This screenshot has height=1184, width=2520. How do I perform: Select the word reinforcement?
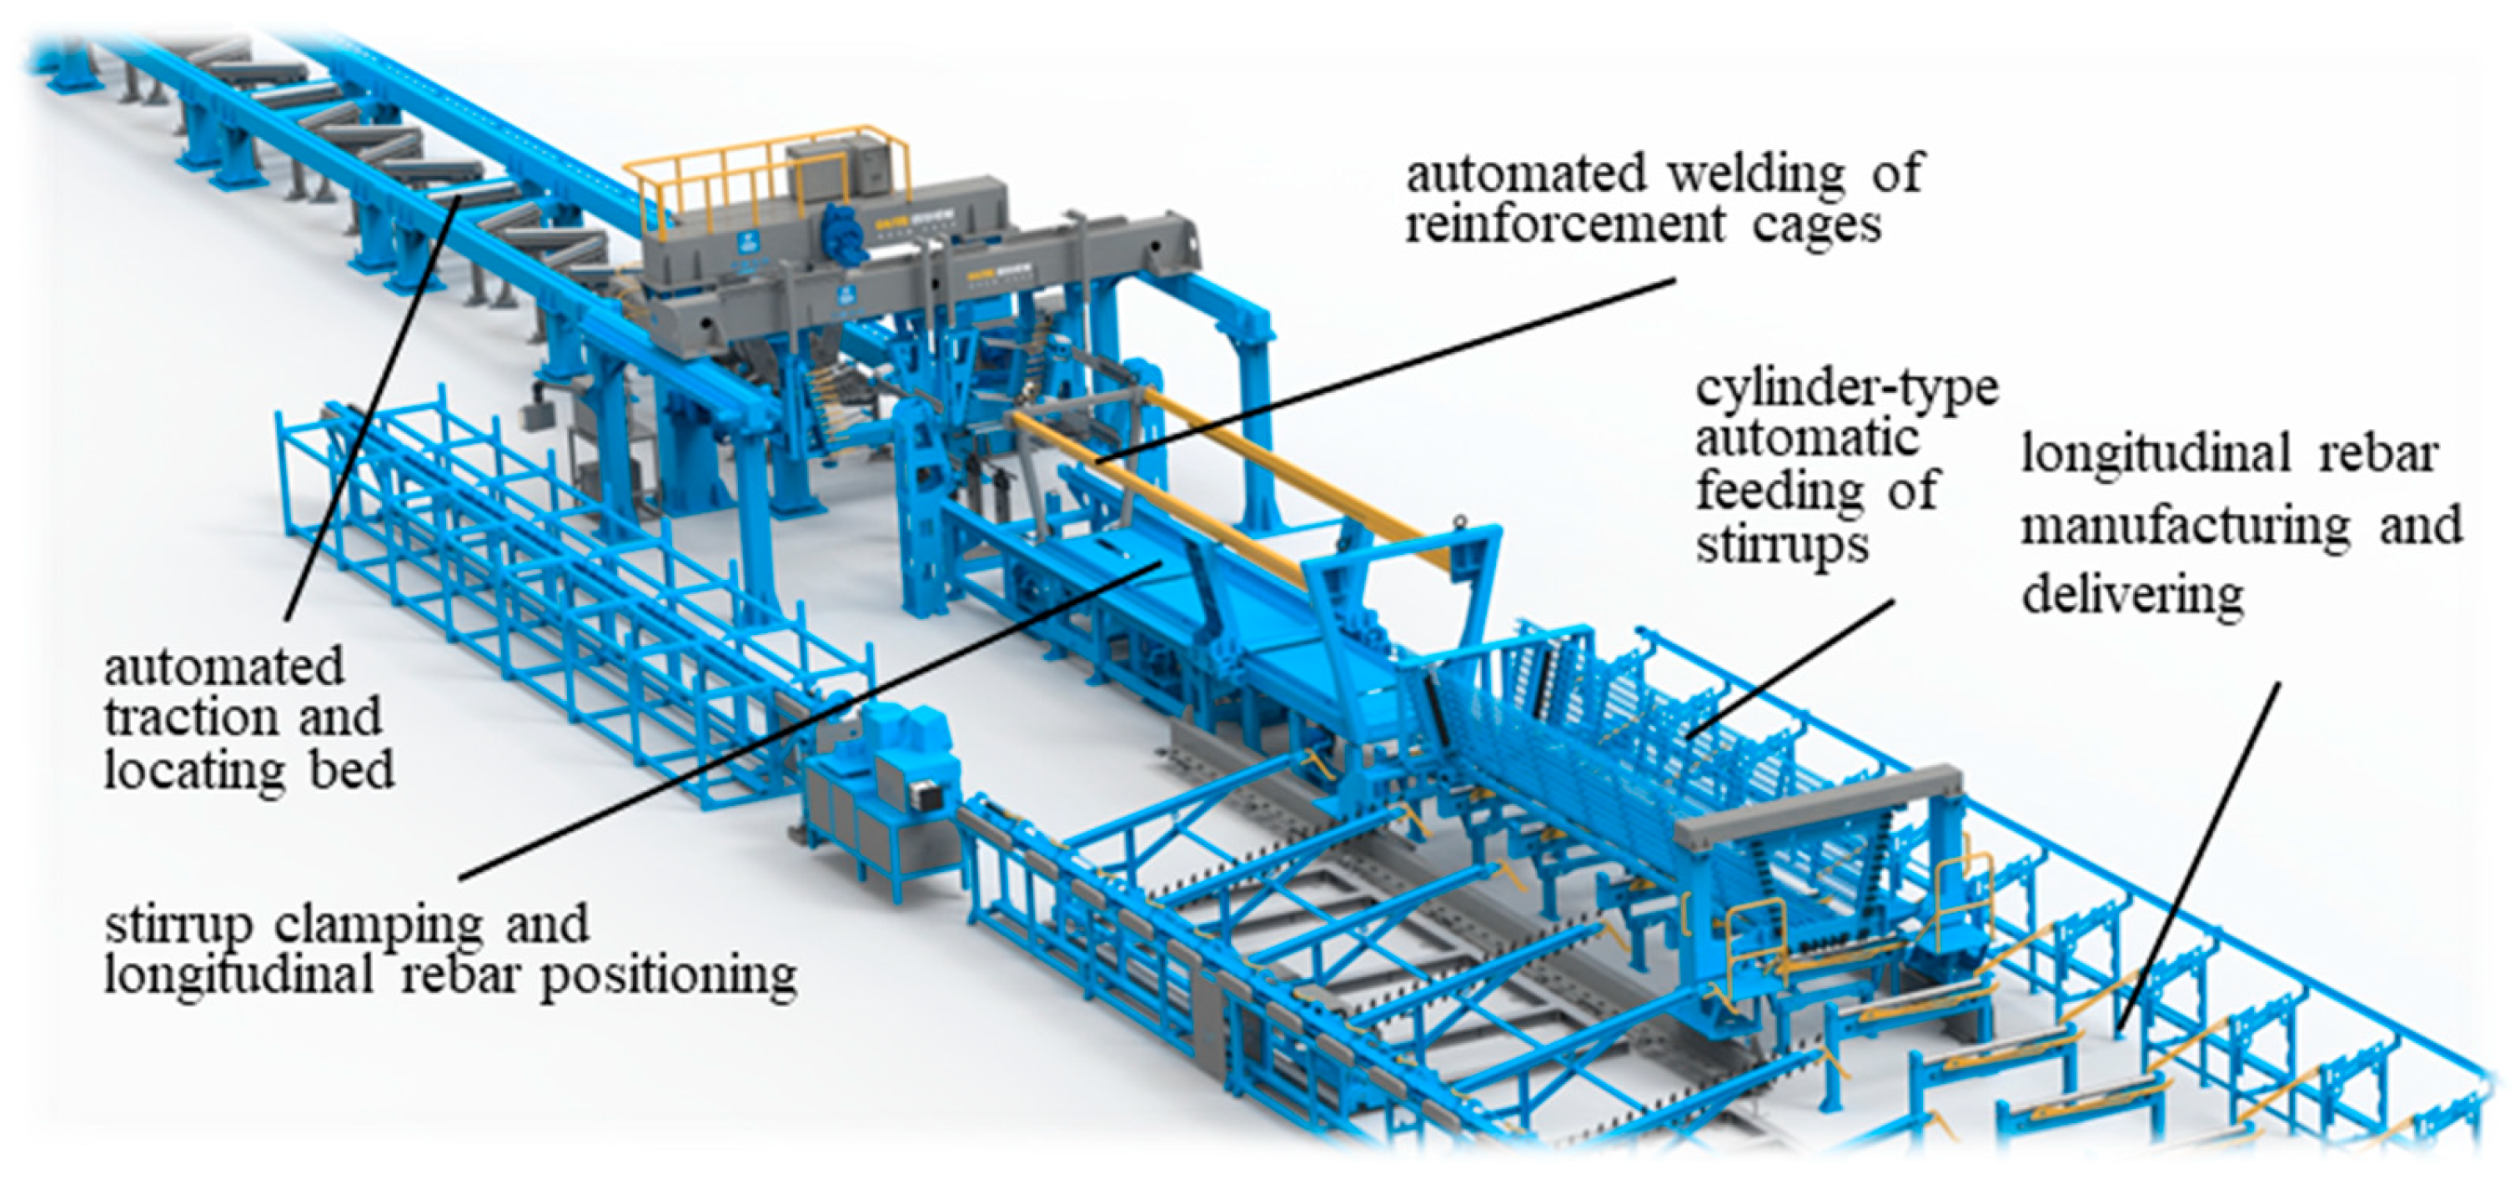(1564, 225)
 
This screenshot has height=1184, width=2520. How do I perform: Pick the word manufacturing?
(2186, 527)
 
